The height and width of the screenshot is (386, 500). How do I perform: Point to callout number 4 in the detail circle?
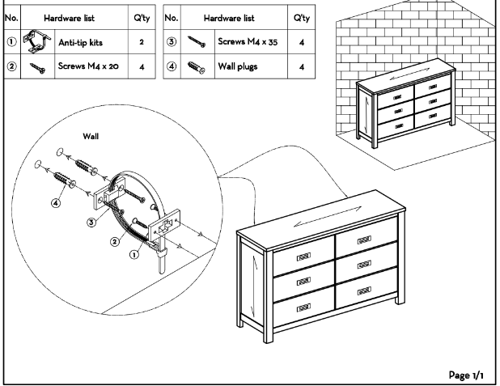pyautogui.click(x=56, y=202)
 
